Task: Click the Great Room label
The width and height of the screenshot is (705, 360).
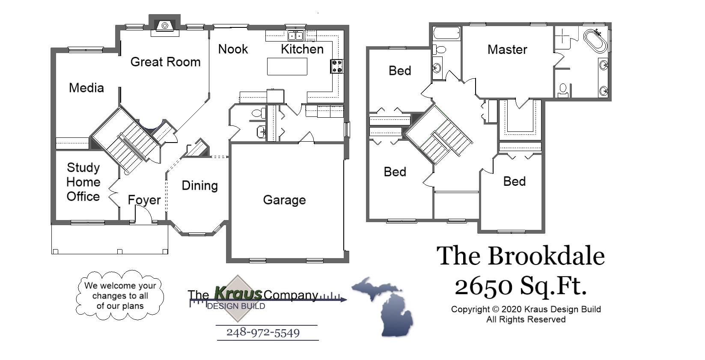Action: pyautogui.click(x=165, y=62)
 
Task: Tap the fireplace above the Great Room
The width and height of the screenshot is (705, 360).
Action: pyautogui.click(x=164, y=26)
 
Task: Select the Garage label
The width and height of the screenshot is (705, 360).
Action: pyautogui.click(x=284, y=200)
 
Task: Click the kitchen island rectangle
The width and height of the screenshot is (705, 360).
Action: pyautogui.click(x=287, y=66)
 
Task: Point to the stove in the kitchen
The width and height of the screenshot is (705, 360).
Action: pyautogui.click(x=336, y=66)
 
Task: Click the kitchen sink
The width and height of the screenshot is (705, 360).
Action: pyautogui.click(x=295, y=36)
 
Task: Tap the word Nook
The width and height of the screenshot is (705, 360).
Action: pyautogui.click(x=233, y=49)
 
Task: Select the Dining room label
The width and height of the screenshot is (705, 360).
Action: pyautogui.click(x=199, y=185)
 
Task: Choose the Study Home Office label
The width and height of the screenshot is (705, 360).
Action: pyautogui.click(x=83, y=182)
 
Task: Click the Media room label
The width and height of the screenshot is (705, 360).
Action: pyautogui.click(x=86, y=88)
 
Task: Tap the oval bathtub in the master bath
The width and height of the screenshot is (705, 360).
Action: pyautogui.click(x=595, y=41)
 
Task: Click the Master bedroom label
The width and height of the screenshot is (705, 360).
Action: pyautogui.click(x=507, y=50)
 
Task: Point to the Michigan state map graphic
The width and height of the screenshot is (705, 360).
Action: pyautogui.click(x=385, y=306)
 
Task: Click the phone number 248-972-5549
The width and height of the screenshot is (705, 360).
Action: pyautogui.click(x=263, y=333)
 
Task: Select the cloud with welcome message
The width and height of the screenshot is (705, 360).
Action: pyautogui.click(x=120, y=295)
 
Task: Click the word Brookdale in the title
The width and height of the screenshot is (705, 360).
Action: pyautogui.click(x=546, y=256)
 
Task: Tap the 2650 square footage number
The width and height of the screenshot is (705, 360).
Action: pyautogui.click(x=483, y=286)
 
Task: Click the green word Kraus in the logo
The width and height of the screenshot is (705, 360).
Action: pyautogui.click(x=238, y=294)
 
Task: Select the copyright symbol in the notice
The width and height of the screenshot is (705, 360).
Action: pyautogui.click(x=495, y=309)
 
